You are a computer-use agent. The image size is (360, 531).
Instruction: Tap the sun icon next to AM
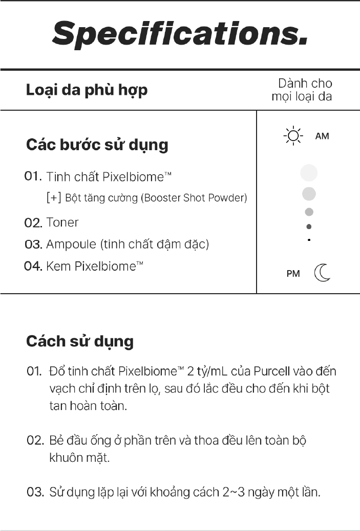[x=293, y=136]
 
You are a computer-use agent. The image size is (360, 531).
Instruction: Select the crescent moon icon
[x=322, y=273]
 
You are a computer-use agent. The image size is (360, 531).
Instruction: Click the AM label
[x=322, y=136]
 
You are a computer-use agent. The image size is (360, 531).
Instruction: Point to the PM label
[x=293, y=274]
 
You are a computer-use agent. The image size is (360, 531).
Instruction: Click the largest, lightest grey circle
[x=309, y=173]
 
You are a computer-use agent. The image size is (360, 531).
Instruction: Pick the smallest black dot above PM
[x=309, y=239]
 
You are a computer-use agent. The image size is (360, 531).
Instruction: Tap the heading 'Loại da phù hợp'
[x=87, y=90]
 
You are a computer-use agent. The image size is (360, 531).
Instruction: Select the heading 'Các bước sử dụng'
[x=97, y=145]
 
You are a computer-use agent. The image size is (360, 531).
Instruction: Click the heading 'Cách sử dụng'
[x=80, y=341]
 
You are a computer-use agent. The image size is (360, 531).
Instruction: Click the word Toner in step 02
[x=62, y=222]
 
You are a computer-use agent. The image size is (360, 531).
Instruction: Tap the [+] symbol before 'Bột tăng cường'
[x=54, y=198]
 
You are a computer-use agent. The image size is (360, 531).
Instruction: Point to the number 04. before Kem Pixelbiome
[x=33, y=267]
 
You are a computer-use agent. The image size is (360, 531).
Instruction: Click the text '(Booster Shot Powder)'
[x=194, y=198]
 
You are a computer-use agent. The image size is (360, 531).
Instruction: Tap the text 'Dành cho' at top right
[x=305, y=84]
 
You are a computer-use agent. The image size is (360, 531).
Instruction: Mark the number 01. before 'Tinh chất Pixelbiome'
[x=33, y=176]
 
